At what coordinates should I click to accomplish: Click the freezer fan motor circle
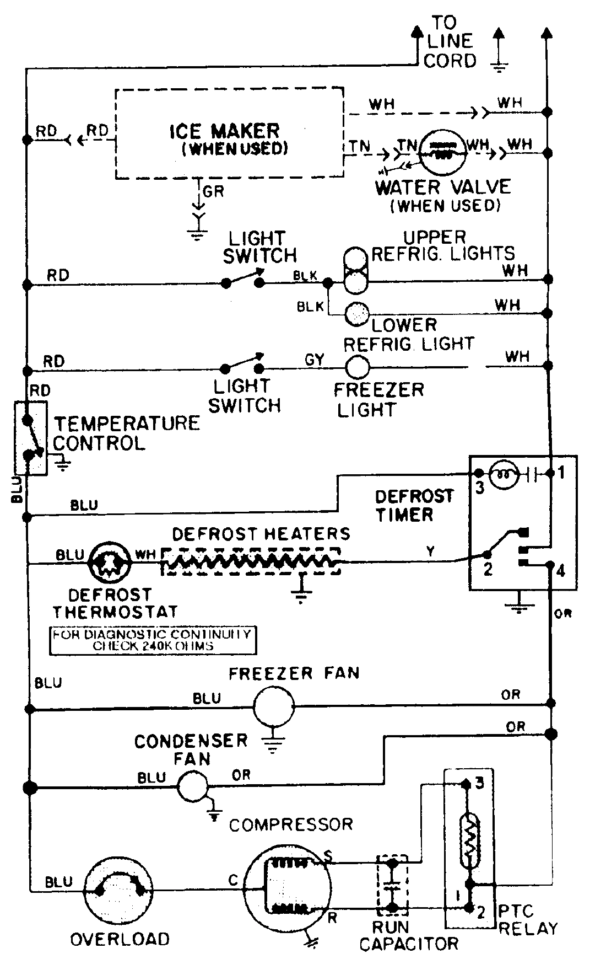[x=274, y=705]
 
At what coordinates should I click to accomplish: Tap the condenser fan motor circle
[x=192, y=786]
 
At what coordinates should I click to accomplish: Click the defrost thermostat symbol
[x=110, y=562]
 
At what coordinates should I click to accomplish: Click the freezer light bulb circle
[x=357, y=366]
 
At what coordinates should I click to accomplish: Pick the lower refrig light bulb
[x=356, y=314]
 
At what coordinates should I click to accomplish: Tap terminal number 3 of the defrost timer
[x=480, y=488]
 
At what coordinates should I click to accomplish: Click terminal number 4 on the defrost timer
[x=561, y=570]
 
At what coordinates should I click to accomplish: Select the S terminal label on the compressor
[x=328, y=856]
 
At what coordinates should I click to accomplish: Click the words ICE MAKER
[x=224, y=131]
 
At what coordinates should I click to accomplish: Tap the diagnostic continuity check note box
[x=153, y=640]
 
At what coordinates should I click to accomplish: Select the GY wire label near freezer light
[x=315, y=360]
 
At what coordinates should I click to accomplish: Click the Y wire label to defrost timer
[x=430, y=550]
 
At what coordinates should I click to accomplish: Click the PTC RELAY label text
[x=527, y=920]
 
